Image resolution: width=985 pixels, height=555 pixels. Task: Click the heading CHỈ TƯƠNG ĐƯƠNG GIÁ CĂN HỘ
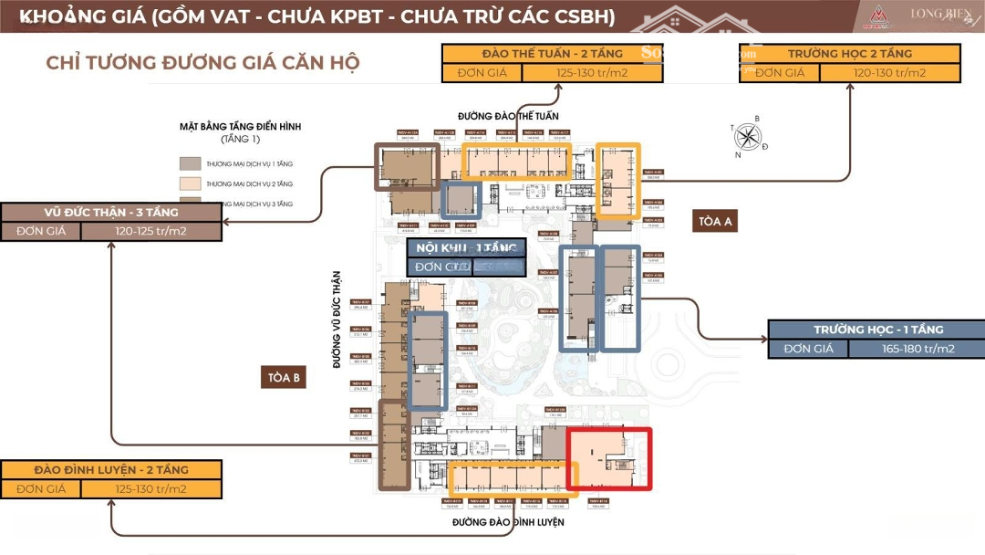tap(202, 63)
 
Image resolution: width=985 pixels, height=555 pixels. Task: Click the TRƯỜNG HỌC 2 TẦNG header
tap(848, 54)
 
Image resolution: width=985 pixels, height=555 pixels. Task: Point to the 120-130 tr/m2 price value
tap(889, 73)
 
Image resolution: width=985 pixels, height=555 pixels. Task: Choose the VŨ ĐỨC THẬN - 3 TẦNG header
tap(110, 212)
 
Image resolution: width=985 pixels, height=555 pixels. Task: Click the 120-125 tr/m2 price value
tap(150, 231)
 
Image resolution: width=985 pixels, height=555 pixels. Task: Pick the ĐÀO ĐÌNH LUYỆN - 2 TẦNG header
tap(111, 470)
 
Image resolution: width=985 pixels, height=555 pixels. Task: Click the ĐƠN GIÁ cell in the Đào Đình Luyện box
tap(41, 489)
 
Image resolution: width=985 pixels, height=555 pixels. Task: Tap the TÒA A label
tap(716, 222)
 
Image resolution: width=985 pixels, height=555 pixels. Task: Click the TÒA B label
tap(284, 378)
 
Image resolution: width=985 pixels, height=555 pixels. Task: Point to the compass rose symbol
tap(749, 137)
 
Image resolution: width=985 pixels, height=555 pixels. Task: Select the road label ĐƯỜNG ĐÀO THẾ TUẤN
tap(507, 117)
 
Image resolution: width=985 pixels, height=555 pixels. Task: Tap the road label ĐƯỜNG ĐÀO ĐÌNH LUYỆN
tap(508, 522)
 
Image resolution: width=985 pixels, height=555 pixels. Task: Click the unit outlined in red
tap(609, 458)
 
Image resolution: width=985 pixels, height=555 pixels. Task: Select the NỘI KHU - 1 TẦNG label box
tap(466, 248)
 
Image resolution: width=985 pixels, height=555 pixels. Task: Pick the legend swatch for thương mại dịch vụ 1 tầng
tap(191, 164)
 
